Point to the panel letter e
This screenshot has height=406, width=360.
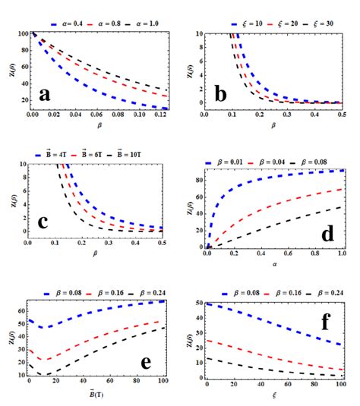(145, 363)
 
